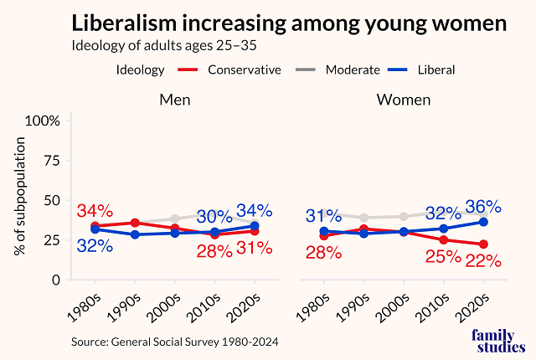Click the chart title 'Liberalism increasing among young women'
288,22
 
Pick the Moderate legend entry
336,69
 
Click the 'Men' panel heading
177,100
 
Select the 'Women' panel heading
404,100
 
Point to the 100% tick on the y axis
43,121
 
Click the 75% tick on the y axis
50,161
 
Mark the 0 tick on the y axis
55,280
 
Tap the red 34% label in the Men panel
95,211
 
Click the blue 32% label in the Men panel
95,246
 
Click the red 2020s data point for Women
482,244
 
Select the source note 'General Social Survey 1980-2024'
175,341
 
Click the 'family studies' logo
499,342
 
